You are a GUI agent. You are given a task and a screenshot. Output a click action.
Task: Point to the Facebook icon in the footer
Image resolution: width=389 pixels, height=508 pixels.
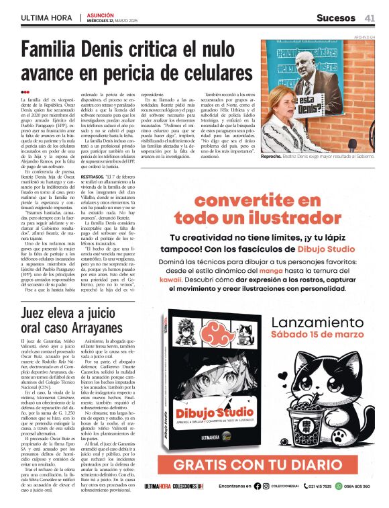[x=257, y=486]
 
